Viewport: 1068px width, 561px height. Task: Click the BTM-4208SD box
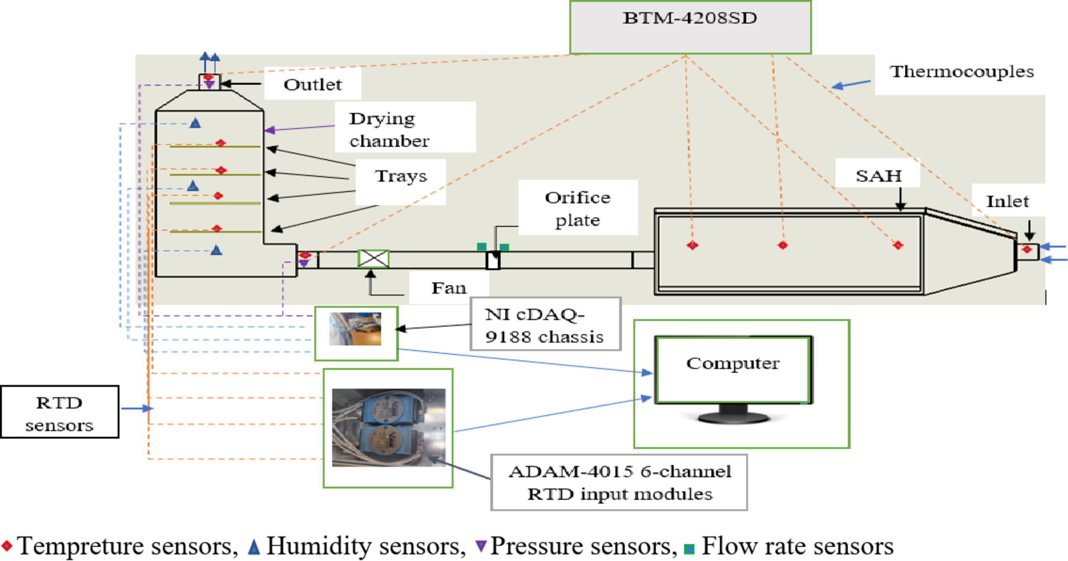point(690,27)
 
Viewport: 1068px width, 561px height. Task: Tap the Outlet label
point(312,84)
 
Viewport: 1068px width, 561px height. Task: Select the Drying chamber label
point(389,129)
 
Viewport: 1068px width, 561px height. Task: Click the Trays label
point(401,176)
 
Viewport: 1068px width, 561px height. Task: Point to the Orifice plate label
point(577,208)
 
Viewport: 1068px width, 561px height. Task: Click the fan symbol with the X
point(374,258)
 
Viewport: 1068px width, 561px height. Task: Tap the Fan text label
point(449,288)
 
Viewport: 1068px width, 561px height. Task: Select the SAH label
point(878,175)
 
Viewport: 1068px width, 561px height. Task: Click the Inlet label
point(1007,201)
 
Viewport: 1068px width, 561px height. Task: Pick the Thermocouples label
point(962,71)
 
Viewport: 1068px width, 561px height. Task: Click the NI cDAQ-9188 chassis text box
point(545,324)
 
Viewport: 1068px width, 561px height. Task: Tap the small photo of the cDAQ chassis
point(355,329)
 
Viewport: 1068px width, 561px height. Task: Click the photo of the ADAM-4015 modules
point(388,427)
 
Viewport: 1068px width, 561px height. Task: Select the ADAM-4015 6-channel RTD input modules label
point(619,482)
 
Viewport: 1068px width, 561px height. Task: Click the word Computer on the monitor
point(733,364)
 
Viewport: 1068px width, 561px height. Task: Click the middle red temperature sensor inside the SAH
point(783,245)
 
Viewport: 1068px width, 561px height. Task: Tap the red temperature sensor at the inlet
point(1027,250)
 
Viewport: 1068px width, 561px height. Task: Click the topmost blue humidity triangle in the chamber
point(195,123)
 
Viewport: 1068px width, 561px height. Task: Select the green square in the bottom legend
point(689,548)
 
